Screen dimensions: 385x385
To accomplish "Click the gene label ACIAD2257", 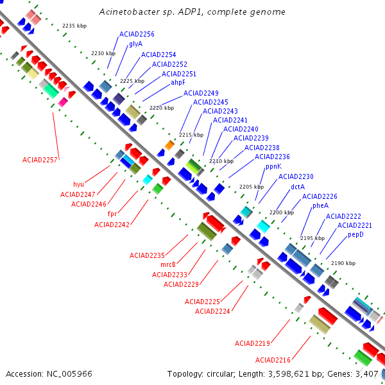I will pyautogui.click(x=40, y=160).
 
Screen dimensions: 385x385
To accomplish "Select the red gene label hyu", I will pyautogui.click(x=78, y=184).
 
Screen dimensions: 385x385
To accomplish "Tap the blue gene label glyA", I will pyautogui.click(x=135, y=44).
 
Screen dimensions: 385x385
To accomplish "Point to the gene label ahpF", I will pyautogui.click(x=178, y=83).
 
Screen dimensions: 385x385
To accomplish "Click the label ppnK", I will pyautogui.click(x=273, y=166).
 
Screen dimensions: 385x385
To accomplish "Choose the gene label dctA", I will pyautogui.click(x=298, y=187).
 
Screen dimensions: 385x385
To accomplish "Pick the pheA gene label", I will pyautogui.click(x=320, y=206).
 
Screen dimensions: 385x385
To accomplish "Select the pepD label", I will pyautogui.click(x=355, y=235).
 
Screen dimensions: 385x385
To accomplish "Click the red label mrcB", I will pyautogui.click(x=168, y=264).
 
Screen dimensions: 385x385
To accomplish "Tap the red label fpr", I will pyautogui.click(x=112, y=214).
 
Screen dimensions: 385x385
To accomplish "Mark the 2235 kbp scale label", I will pyautogui.click(x=74, y=26).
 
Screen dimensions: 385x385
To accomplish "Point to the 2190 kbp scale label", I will pyautogui.click(x=343, y=264).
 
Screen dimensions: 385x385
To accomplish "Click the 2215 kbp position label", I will pyautogui.click(x=191, y=135).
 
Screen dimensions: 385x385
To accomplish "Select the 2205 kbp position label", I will pyautogui.click(x=251, y=187).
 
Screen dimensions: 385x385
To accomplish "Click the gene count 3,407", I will pyautogui.click(x=368, y=373).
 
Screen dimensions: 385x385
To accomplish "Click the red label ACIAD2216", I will pyautogui.click(x=273, y=360).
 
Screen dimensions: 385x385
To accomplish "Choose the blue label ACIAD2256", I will pyautogui.click(x=137, y=34).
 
